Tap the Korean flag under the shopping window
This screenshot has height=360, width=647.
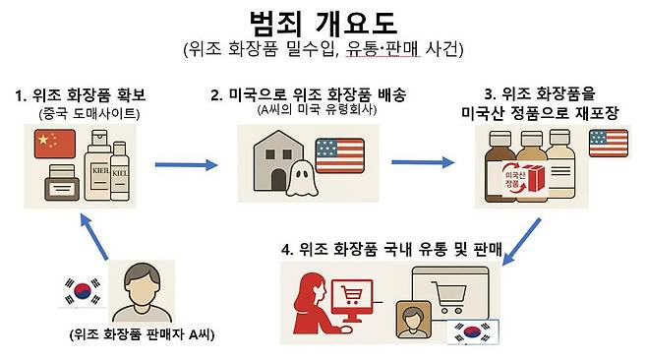pos(468,331)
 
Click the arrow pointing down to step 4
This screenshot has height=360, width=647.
pos(525,238)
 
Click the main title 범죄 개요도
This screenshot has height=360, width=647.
pos(324,22)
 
